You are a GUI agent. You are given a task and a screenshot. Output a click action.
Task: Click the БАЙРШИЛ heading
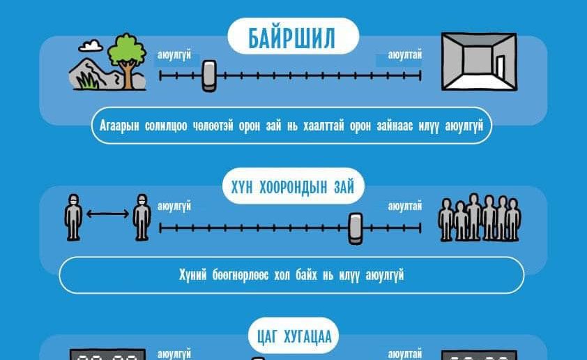pos(291,38)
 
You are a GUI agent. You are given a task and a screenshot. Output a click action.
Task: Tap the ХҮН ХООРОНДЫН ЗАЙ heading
pos(292,187)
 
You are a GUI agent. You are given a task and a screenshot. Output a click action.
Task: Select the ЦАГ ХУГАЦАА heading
pos(294,337)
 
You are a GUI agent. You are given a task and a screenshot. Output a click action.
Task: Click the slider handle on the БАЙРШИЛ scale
pos(209,75)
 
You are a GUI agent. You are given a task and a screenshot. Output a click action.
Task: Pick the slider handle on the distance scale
pos(356,228)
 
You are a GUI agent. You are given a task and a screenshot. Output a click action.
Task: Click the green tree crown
pos(127,50)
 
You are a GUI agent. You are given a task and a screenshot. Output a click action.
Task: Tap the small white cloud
pos(91,46)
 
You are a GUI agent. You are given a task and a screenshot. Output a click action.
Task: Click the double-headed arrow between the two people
pos(108,214)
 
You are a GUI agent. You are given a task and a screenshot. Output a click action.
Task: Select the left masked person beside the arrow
pos(73,217)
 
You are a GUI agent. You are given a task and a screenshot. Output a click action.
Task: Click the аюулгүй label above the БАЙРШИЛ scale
pos(174,54)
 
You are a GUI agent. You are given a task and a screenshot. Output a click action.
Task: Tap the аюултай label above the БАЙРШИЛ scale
pos(404,54)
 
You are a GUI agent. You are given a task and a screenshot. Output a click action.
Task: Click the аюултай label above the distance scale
pos(404,206)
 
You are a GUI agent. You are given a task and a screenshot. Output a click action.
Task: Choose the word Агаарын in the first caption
pos(119,126)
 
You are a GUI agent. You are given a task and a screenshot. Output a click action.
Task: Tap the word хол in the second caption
pos(282,275)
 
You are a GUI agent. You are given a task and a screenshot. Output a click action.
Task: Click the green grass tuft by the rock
pos(87,80)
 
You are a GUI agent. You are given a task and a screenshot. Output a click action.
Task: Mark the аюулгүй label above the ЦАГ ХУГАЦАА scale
pos(174,354)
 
